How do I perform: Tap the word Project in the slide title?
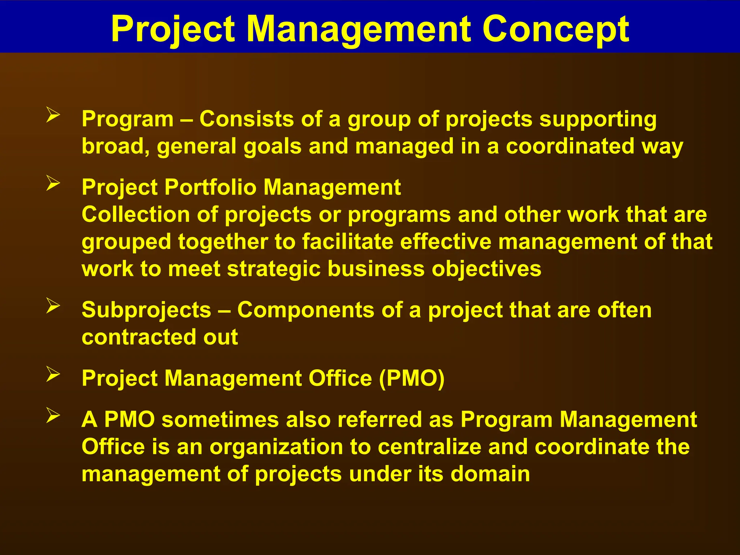tap(173, 30)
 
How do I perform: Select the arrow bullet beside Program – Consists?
tap(53, 116)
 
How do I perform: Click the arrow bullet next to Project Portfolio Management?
tap(53, 184)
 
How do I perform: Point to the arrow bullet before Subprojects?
tap(53, 306)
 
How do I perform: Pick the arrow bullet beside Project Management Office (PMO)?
tap(53, 374)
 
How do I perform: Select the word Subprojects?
tap(146, 310)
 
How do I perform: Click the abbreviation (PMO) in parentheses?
tap(412, 378)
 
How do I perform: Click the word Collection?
tap(135, 214)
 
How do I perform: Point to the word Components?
tap(306, 310)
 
